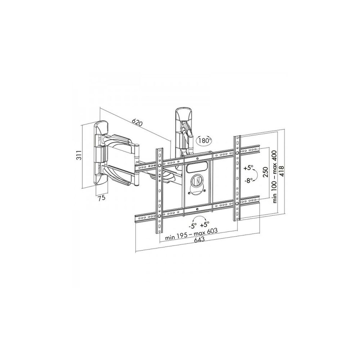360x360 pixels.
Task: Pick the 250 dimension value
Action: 265,172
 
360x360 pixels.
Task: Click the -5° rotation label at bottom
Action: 193,225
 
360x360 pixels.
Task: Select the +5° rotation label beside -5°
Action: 205,225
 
